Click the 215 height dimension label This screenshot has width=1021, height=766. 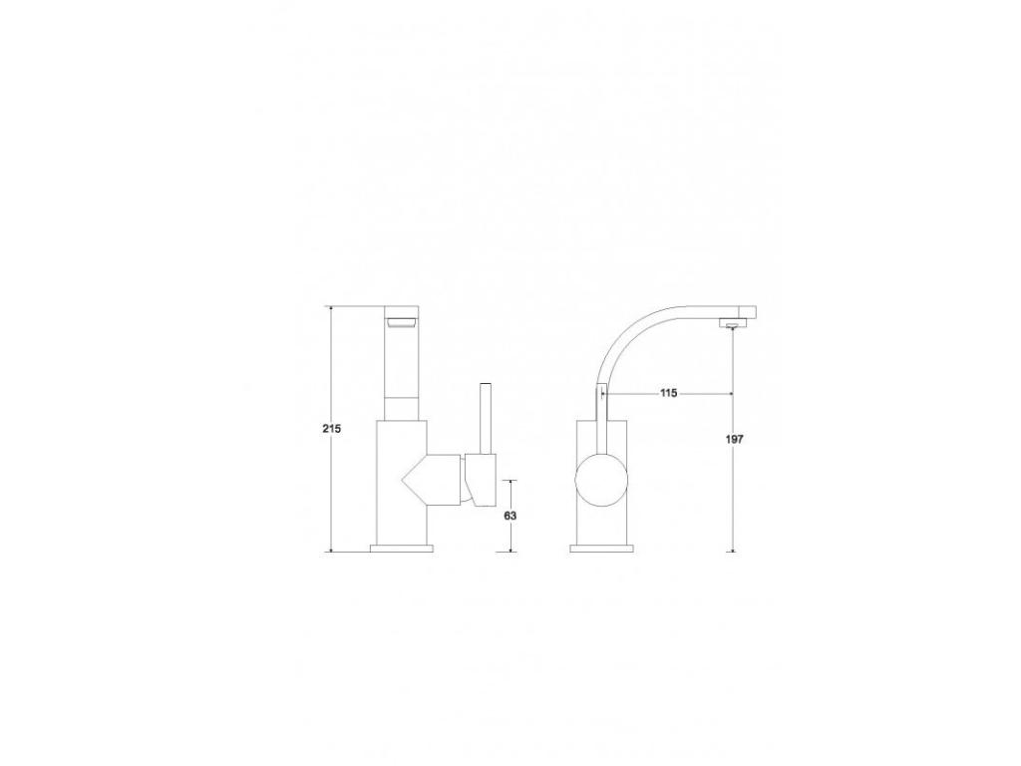pos(332,429)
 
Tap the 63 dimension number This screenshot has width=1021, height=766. pos(510,516)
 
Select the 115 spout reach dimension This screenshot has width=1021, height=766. pos(669,393)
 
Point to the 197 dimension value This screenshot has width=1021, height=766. pos(734,439)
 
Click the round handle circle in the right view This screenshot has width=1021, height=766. pos(601,482)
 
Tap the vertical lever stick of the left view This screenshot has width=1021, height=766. pos(486,419)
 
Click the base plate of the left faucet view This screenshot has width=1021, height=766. pos(402,548)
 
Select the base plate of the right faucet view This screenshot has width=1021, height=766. pos(601,548)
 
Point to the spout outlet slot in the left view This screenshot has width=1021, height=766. pos(402,322)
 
